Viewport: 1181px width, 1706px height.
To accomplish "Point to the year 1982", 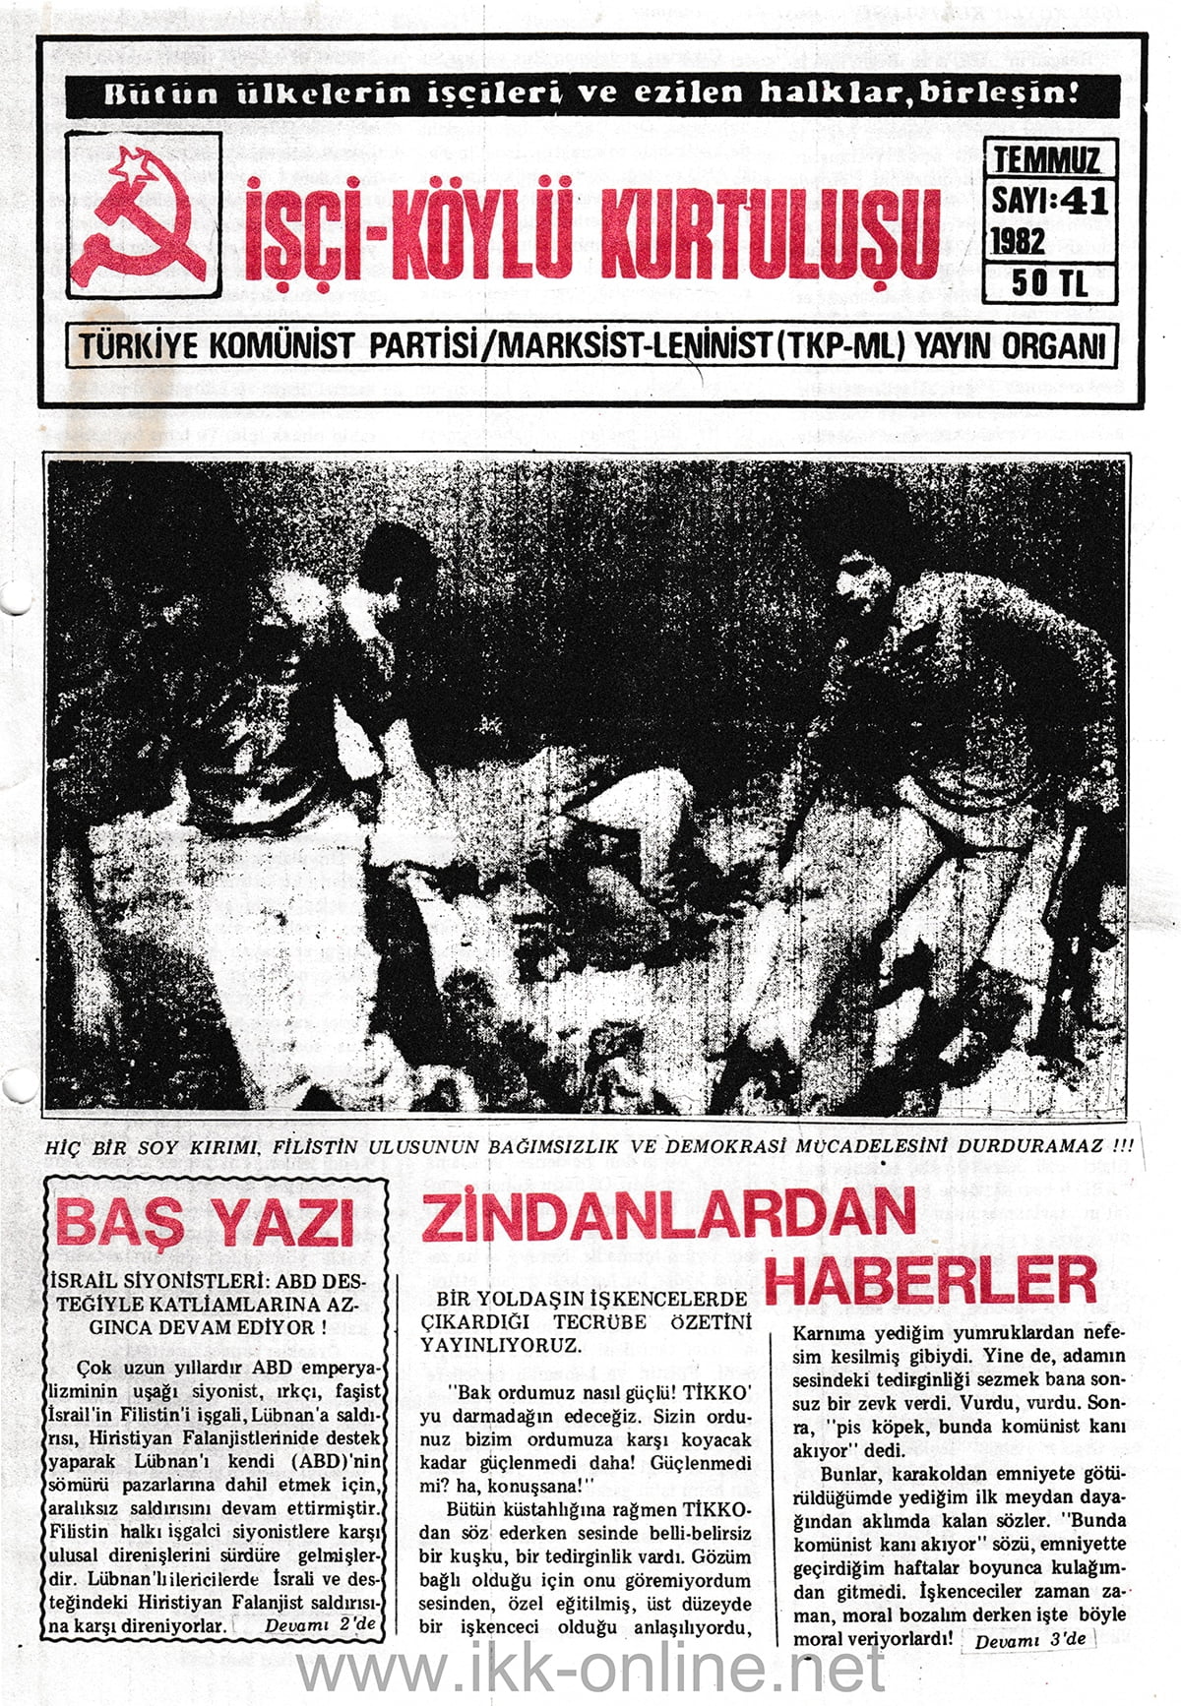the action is coord(1019,240).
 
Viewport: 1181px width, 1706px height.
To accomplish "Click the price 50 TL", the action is coord(1050,283).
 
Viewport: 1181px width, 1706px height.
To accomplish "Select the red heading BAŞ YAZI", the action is coord(205,1223).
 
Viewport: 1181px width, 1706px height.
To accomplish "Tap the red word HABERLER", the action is coord(930,1281).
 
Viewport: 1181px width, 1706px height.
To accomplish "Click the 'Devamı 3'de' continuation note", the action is coord(1031,1640).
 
